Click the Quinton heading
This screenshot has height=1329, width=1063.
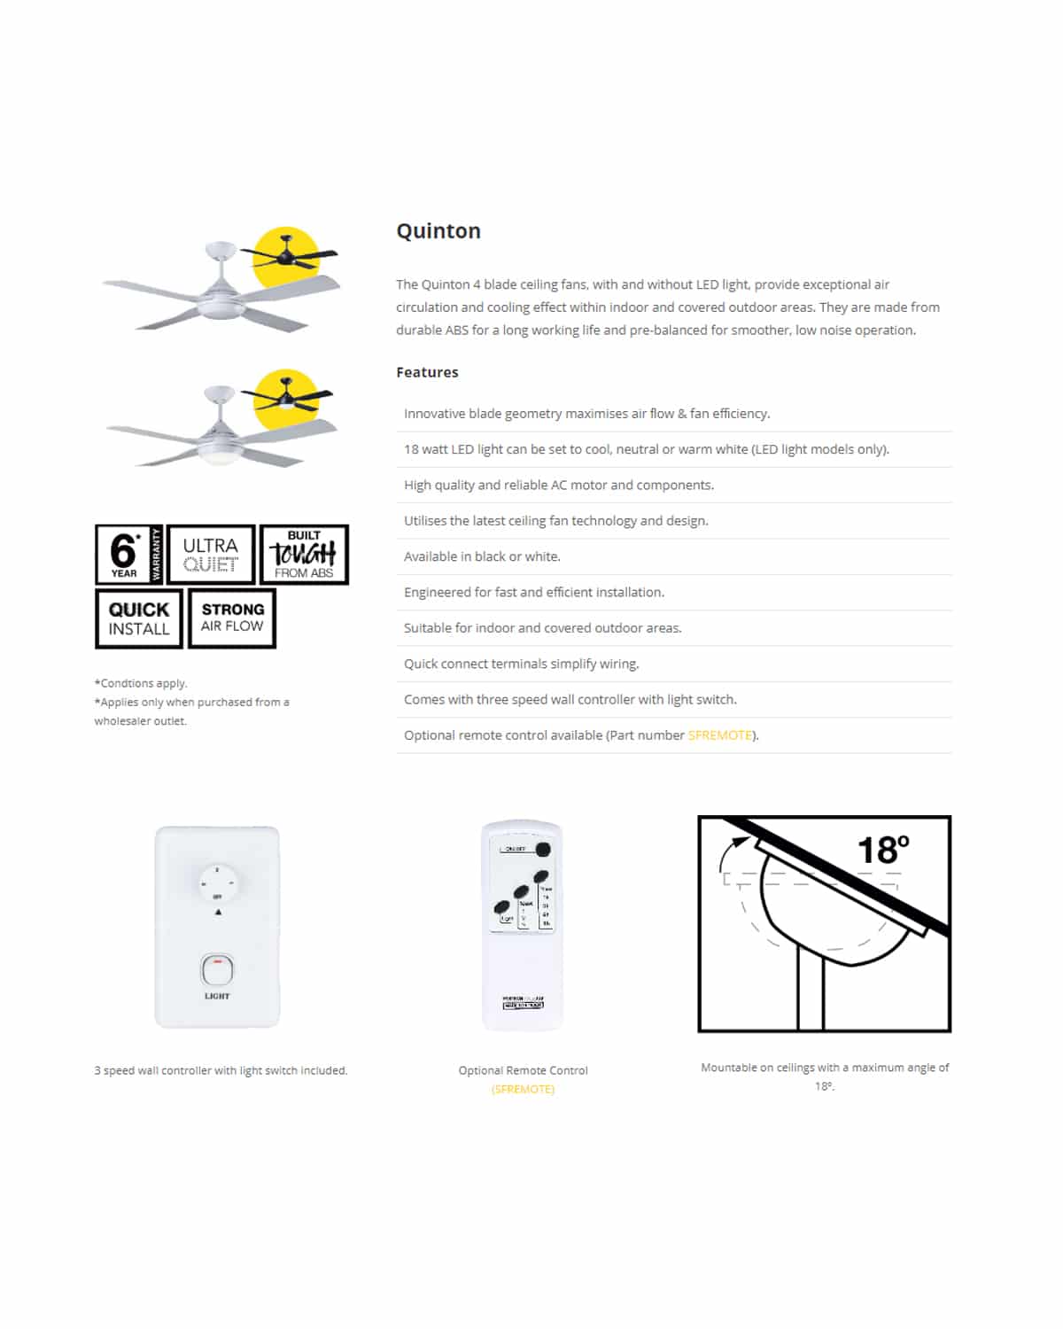click(x=438, y=231)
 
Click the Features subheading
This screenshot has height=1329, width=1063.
click(x=427, y=372)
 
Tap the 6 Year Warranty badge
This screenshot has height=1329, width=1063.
click(x=128, y=555)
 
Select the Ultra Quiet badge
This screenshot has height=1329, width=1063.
click(x=211, y=555)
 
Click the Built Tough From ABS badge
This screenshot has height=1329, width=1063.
click(x=304, y=555)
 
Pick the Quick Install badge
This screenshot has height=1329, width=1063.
click(x=139, y=618)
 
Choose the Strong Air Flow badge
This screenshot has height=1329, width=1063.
click(x=232, y=618)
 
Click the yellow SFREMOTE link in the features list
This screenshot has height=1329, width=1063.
click(x=720, y=735)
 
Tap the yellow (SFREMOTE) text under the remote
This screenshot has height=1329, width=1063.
click(x=523, y=1089)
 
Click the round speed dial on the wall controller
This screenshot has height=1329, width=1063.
click(x=218, y=882)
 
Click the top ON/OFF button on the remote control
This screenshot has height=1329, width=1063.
click(x=543, y=849)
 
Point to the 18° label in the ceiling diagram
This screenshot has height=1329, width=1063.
click(x=883, y=851)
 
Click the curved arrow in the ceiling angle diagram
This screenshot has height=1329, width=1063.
click(x=729, y=856)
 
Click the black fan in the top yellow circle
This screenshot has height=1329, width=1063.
click(x=289, y=256)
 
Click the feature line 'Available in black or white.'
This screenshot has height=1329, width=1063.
click(x=482, y=556)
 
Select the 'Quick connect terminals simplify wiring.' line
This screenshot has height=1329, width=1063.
click(x=521, y=664)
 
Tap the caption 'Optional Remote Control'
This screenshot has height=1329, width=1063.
click(x=523, y=1070)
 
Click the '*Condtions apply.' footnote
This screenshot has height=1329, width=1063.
click(x=141, y=683)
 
